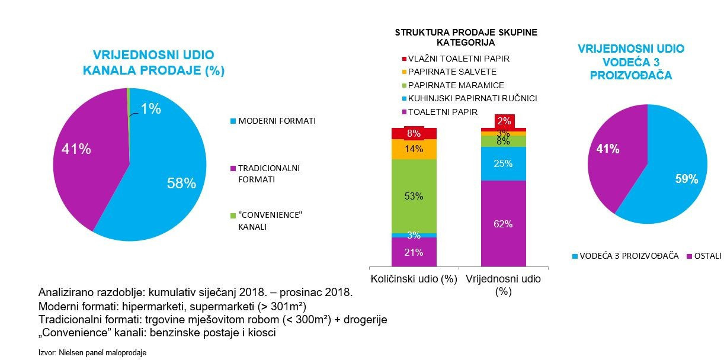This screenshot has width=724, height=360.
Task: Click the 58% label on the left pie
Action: pyautogui.click(x=181, y=184)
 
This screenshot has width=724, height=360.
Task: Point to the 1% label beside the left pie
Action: pyautogui.click(x=150, y=109)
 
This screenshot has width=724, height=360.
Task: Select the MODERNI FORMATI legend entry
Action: pyautogui.click(x=273, y=121)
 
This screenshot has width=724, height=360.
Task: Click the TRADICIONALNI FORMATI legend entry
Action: pyautogui.click(x=265, y=173)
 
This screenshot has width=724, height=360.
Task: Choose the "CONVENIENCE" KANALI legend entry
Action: pyautogui.click(x=267, y=221)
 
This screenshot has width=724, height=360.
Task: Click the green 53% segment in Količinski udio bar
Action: pyautogui.click(x=414, y=196)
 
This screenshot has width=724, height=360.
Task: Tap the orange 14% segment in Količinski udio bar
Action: pyautogui.click(x=414, y=149)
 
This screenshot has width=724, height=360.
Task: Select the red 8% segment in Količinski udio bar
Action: pyautogui.click(x=414, y=133)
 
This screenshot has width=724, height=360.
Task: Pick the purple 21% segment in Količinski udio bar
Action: pyautogui.click(x=414, y=252)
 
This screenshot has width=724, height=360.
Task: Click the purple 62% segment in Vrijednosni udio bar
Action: pyautogui.click(x=503, y=224)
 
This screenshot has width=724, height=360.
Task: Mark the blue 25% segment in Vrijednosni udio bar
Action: pyautogui.click(x=503, y=163)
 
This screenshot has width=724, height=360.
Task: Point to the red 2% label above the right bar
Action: pyautogui.click(x=504, y=121)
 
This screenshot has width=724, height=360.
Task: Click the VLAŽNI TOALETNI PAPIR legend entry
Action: pyautogui.click(x=456, y=59)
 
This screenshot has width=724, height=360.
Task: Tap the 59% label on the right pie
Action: pyautogui.click(x=687, y=179)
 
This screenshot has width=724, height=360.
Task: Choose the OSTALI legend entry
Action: pyautogui.click(x=704, y=256)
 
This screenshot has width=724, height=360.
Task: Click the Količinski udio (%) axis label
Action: pyautogui.click(x=414, y=279)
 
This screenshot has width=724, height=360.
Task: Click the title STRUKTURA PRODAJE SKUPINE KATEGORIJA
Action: pyautogui.click(x=466, y=37)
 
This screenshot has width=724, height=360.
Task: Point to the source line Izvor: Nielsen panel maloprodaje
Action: pyautogui.click(x=92, y=352)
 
